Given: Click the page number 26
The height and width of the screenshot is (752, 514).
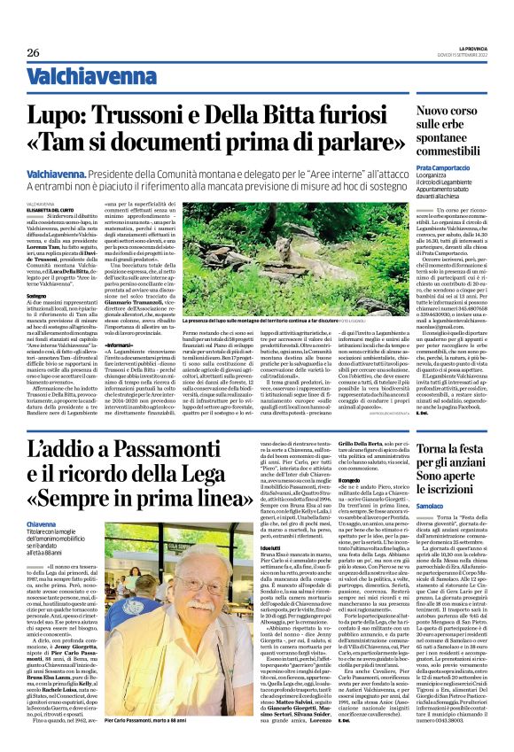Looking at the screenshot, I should pos(33,52).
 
